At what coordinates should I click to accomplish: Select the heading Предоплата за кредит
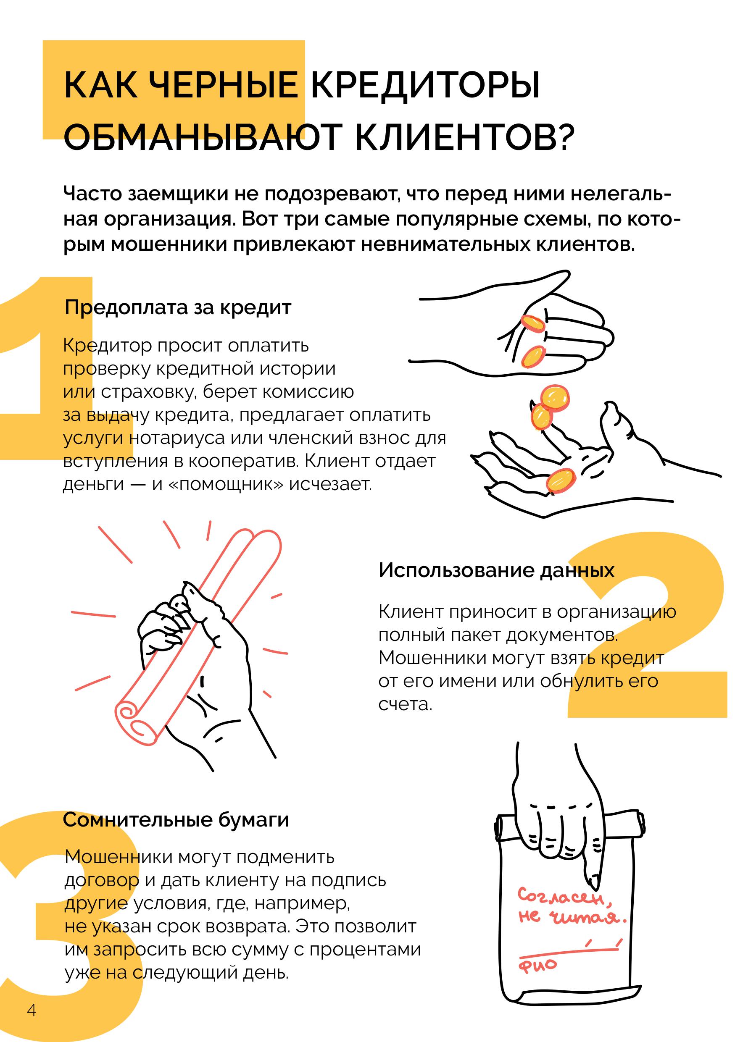[177, 308]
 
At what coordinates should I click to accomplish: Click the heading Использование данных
[496, 570]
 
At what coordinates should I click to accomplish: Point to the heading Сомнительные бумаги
[176, 820]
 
